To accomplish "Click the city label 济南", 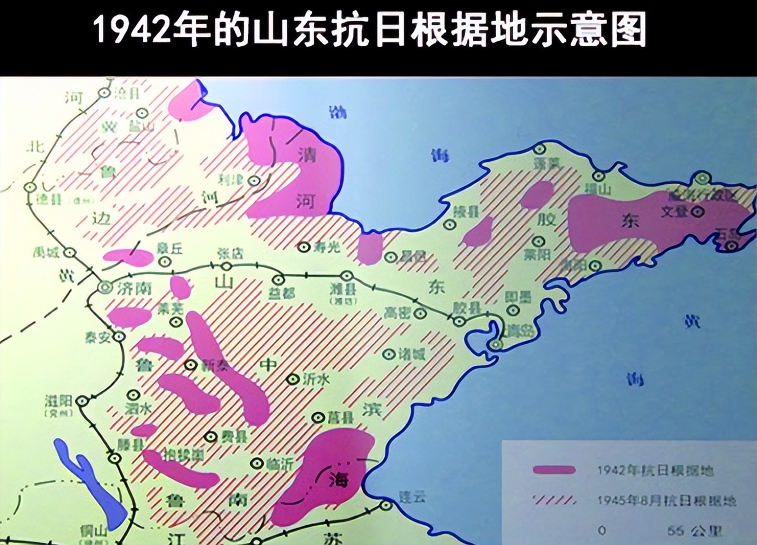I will (135, 288).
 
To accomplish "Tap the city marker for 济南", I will (105, 287).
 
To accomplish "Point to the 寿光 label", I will (327, 246).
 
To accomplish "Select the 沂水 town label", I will (316, 379).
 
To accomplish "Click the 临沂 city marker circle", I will (257, 464).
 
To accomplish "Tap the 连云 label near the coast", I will (411, 497).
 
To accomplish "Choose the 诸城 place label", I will (411, 354).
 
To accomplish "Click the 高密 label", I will (397, 312).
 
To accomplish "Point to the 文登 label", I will (674, 211).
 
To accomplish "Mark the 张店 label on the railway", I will (230, 253).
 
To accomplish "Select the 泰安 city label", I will (97, 337).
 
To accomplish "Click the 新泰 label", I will (215, 365).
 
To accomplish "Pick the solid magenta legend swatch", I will (554, 470).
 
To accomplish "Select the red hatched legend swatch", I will (554, 500).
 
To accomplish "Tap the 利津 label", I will (231, 180).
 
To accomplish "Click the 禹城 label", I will (46, 252).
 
